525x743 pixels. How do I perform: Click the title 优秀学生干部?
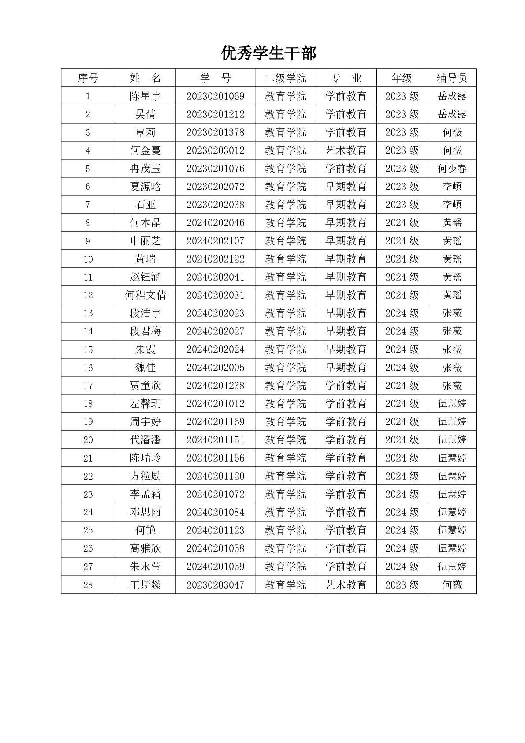(268, 54)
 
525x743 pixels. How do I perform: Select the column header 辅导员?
(452, 78)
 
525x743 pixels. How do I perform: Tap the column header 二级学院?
(285, 78)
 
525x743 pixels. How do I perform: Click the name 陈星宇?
(145, 96)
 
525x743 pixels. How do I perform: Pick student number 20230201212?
(215, 114)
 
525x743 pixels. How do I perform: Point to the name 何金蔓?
(145, 150)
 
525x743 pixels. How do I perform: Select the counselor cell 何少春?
(452, 169)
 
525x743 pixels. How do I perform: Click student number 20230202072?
(215, 187)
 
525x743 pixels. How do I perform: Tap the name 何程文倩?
(145, 295)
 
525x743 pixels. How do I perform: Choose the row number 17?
(88, 386)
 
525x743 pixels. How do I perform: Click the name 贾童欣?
(145, 386)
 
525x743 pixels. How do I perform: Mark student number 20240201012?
(215, 404)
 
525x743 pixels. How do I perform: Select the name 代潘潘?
(145, 440)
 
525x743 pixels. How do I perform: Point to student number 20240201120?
(215, 476)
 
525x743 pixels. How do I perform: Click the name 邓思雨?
(145, 512)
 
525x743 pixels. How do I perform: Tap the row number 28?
(88, 585)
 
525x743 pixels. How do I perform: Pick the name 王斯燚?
(145, 585)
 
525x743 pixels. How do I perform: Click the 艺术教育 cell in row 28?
(346, 585)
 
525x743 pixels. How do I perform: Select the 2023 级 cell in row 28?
(402, 585)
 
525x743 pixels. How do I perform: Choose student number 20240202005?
(215, 368)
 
